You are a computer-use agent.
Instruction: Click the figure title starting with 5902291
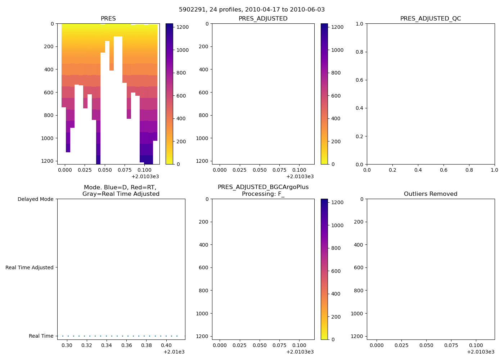(x=252, y=10)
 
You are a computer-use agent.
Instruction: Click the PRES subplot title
(x=108, y=19)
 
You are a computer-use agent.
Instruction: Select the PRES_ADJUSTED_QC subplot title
(x=431, y=19)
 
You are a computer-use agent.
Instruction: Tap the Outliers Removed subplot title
(x=431, y=194)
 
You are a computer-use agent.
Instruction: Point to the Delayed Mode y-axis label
(x=35, y=199)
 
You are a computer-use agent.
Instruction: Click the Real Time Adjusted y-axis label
(x=30, y=267)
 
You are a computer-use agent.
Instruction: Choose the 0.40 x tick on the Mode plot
(x=166, y=346)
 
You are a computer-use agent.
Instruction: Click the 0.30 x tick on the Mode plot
(x=67, y=346)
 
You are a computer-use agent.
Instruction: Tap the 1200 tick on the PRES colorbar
(x=183, y=27)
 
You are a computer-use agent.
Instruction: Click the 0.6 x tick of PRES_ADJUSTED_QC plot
(x=444, y=170)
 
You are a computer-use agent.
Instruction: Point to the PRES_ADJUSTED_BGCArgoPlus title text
(x=263, y=187)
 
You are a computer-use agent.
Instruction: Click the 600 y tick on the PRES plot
(x=48, y=93)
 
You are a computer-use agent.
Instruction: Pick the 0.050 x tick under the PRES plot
(x=104, y=170)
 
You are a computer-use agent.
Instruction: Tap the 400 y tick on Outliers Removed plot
(x=359, y=245)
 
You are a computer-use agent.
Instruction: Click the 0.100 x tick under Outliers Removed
(x=476, y=345)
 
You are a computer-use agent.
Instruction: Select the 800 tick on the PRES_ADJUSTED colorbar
(x=336, y=73)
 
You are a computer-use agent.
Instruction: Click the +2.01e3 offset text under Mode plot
(x=174, y=352)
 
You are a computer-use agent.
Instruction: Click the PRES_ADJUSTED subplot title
(x=263, y=19)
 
